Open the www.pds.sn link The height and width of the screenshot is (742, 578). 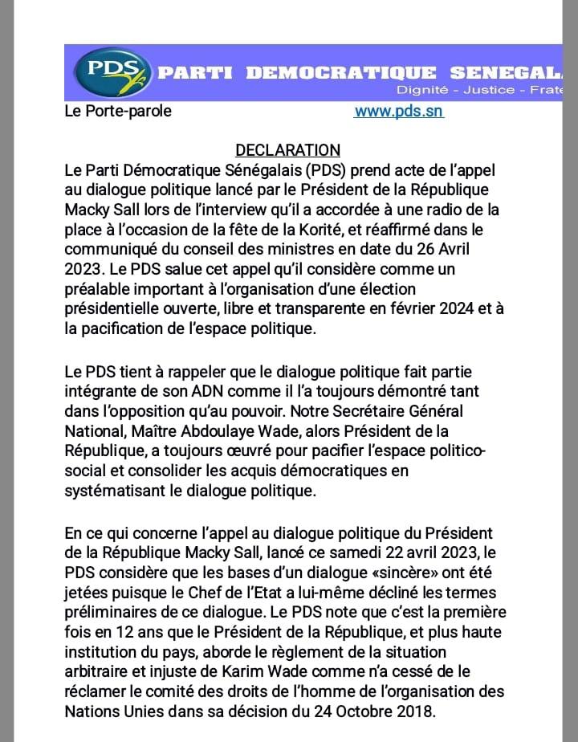pyautogui.click(x=399, y=112)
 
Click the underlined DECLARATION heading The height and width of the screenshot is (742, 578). pyautogui.click(x=287, y=150)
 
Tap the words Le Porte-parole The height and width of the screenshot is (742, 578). pyautogui.click(x=117, y=112)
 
